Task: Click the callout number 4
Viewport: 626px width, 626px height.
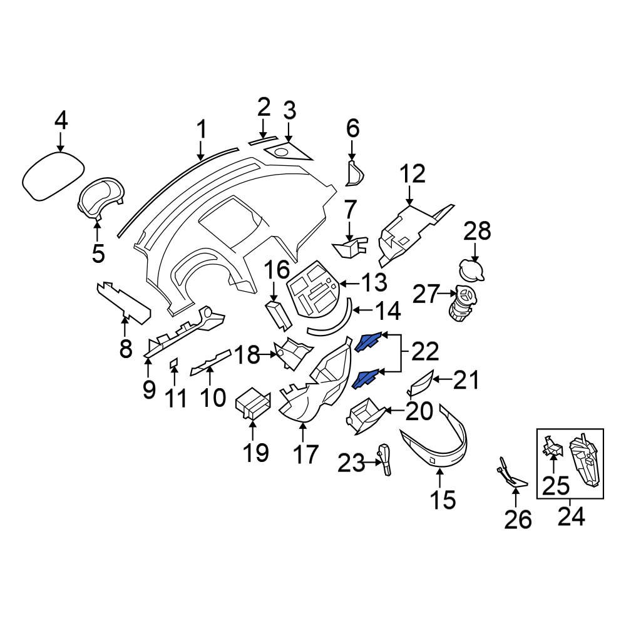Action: point(60,120)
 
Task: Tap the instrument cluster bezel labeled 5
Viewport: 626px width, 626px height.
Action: point(100,197)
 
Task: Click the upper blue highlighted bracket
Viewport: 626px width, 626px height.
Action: point(369,341)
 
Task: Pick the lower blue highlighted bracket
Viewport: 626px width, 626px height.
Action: point(366,378)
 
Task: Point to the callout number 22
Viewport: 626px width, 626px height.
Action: point(425,354)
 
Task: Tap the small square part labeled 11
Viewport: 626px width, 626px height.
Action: point(175,362)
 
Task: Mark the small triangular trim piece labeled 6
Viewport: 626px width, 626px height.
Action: point(355,173)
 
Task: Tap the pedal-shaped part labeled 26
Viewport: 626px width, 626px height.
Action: point(513,476)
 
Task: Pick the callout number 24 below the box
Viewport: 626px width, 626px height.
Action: point(570,517)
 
